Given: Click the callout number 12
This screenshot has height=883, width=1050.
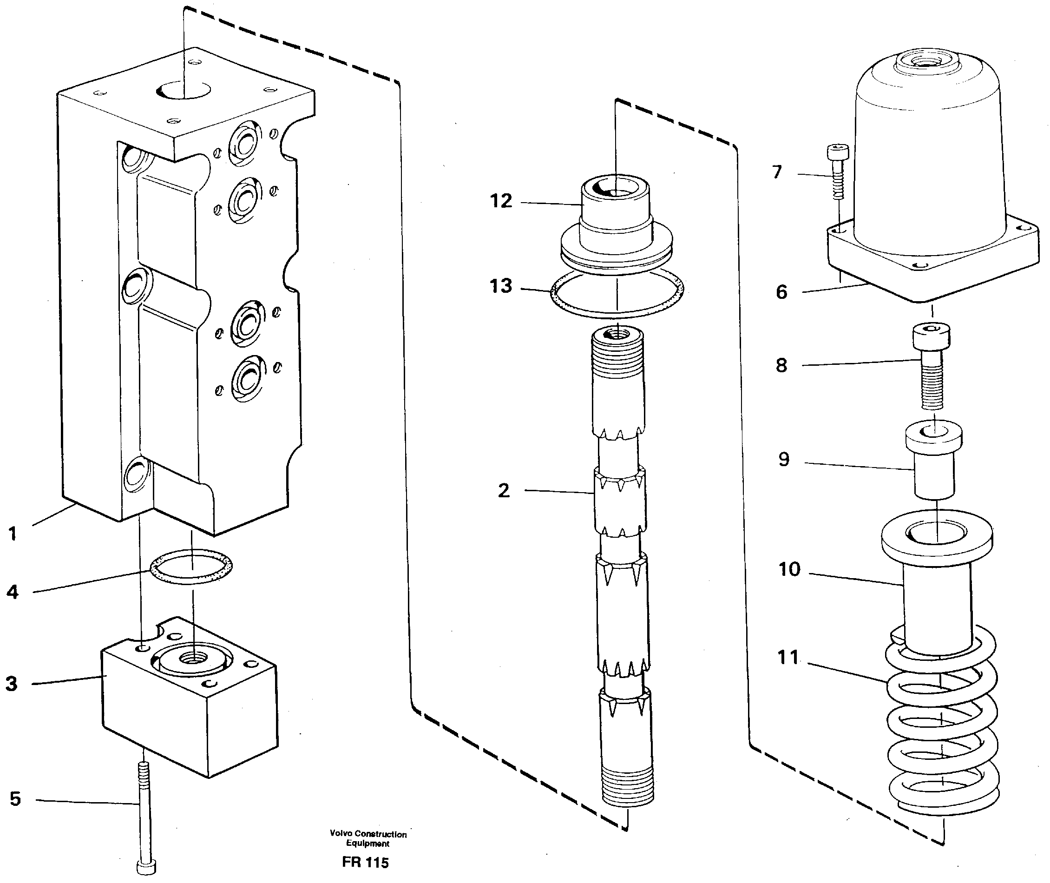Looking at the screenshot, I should click(x=501, y=201).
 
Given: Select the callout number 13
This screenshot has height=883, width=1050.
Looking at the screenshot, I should click(x=501, y=286).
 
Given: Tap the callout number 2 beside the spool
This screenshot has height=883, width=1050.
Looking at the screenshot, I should click(x=504, y=491).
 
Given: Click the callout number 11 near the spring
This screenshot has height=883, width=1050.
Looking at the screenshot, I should click(x=788, y=658).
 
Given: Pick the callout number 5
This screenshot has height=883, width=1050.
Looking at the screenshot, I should click(x=15, y=799).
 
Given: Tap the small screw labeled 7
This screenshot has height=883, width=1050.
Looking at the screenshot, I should click(x=837, y=170).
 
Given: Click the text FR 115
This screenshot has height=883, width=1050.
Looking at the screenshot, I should click(x=365, y=863).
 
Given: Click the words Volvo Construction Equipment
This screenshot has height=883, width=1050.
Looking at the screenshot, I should click(x=368, y=838).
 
